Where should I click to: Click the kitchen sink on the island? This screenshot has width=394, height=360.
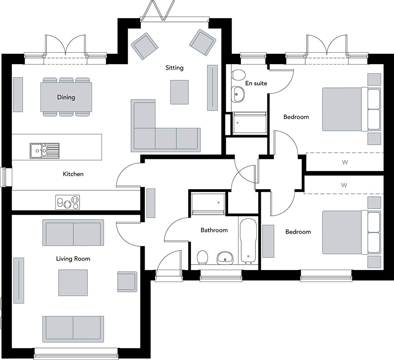click(x=44, y=150)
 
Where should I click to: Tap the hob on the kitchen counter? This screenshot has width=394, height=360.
click(x=68, y=202)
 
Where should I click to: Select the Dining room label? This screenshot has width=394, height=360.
click(x=66, y=97)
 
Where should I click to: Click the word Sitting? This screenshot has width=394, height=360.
click(x=174, y=68)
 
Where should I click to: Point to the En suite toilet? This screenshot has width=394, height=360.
click(x=239, y=74)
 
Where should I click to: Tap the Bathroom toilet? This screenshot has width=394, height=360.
click(x=202, y=257)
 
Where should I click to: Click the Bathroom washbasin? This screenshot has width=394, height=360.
click(x=225, y=257)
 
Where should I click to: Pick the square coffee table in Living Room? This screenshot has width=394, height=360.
click(x=73, y=283)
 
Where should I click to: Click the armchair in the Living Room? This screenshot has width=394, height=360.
click(x=127, y=282)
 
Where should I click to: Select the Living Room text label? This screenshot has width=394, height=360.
click(x=73, y=258)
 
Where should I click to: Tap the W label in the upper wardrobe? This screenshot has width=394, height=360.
click(x=345, y=162)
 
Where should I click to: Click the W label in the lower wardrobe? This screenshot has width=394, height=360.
click(x=344, y=185)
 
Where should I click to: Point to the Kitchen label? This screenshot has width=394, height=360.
click(x=73, y=174)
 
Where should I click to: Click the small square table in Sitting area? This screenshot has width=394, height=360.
click(x=179, y=92)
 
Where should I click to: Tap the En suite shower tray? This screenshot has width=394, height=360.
click(x=249, y=123)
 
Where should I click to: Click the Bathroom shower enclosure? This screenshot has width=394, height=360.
click(x=207, y=203)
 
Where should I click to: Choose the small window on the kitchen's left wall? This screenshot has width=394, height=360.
click(x=4, y=177)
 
